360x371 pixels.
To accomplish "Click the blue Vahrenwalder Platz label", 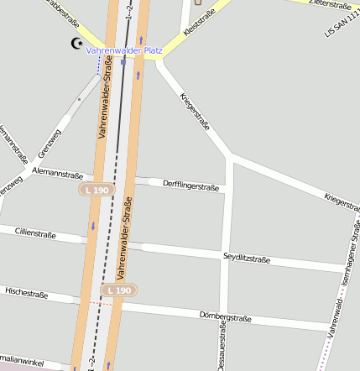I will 124,50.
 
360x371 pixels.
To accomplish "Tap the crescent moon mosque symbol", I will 77,43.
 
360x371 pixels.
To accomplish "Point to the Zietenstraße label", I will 329,4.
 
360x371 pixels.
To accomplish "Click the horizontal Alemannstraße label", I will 57,174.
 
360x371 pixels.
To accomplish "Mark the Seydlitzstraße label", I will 247,259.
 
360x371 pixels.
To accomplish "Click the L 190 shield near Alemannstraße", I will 97,191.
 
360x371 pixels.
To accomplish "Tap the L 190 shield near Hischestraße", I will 118,290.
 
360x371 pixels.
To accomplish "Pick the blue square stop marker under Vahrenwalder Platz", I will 123,61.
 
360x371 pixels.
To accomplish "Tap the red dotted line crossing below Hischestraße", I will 98,302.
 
